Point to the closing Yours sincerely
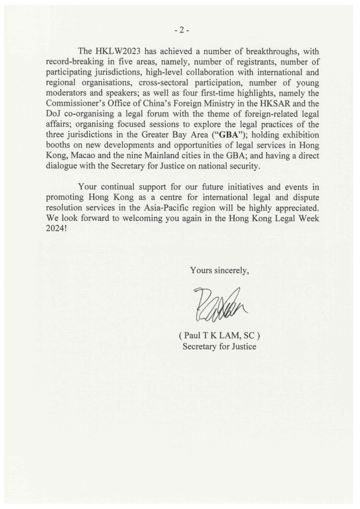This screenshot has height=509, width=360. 219,270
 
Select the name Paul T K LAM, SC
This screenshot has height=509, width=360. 219,336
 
